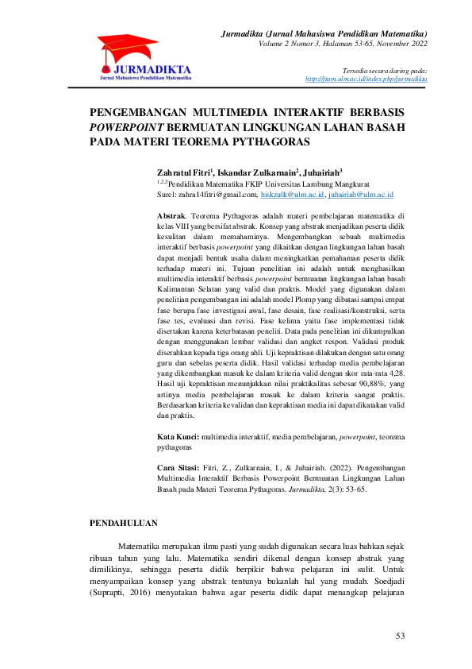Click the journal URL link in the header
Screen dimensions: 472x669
366,79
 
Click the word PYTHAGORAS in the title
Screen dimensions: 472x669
267,141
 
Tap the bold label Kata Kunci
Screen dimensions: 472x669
178,437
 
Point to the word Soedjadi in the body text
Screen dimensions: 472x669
409,590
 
